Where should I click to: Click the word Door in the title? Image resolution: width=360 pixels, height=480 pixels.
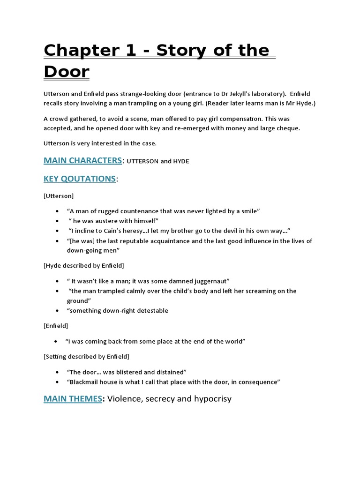(x=66, y=72)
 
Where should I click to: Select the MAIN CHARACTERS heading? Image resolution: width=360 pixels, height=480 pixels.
(x=82, y=160)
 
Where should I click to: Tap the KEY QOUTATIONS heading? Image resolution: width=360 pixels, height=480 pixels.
(x=79, y=179)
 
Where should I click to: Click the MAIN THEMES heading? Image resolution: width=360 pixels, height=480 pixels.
(x=73, y=399)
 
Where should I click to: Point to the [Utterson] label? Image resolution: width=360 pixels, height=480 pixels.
(x=59, y=195)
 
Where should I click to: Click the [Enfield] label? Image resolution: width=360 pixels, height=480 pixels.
(x=56, y=325)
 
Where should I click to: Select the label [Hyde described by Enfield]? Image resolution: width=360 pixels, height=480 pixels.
(x=84, y=265)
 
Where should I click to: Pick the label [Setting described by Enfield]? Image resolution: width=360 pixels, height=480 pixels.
(x=86, y=356)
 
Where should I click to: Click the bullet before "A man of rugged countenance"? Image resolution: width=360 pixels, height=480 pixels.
(x=57, y=211)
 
